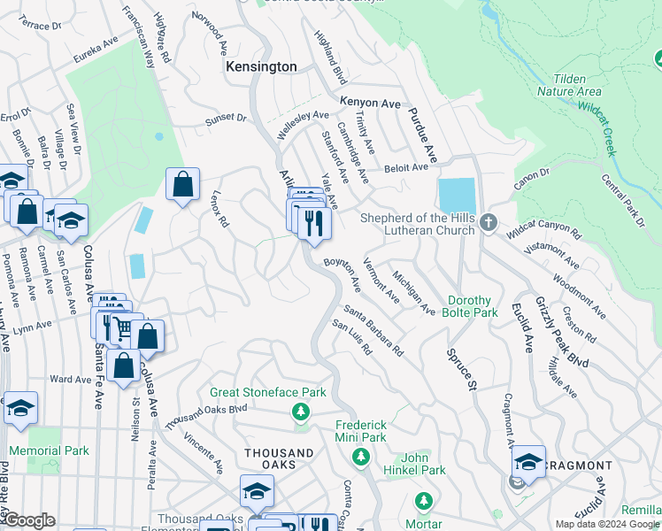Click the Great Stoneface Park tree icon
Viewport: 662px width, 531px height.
click(x=301, y=412)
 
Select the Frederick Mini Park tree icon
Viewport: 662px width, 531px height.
click(x=360, y=456)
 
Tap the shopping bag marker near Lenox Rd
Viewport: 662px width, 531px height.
click(x=182, y=185)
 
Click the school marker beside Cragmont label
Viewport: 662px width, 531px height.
click(x=528, y=461)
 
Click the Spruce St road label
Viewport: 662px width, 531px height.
click(x=459, y=363)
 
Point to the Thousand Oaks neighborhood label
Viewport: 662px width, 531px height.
click(x=279, y=453)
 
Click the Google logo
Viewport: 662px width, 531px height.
click(x=29, y=520)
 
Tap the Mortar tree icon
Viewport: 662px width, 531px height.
click(x=423, y=501)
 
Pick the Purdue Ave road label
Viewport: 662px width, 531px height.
click(x=422, y=135)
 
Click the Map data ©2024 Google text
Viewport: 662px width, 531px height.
click(x=607, y=524)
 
